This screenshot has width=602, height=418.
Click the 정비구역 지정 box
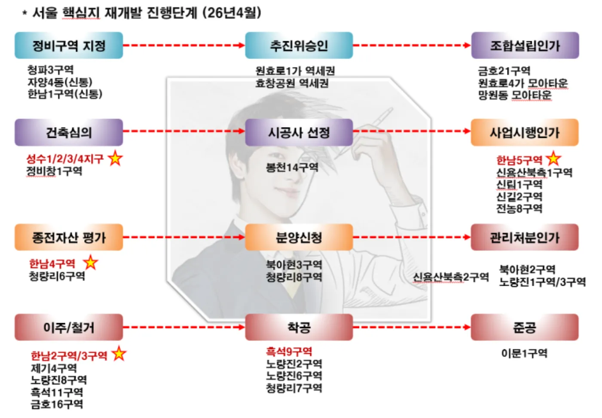pos(69,46)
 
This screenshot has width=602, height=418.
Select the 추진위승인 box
pos(299,46)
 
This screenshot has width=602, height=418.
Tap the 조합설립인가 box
pos(525,46)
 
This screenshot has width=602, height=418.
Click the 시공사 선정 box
pos(299,132)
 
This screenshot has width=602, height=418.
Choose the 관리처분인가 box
pos(525,237)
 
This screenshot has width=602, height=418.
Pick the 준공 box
pos(525,327)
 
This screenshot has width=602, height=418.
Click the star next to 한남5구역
pos(553,159)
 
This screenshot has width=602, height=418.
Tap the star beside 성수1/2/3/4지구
pos(115,158)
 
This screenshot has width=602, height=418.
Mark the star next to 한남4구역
pos(90,262)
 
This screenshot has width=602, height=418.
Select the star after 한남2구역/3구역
pos(119,354)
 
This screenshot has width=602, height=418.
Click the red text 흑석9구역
pos(289,351)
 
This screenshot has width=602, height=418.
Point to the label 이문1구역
pos(524,353)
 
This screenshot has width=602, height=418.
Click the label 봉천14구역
pos(292,168)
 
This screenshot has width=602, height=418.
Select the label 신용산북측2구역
pos(451,277)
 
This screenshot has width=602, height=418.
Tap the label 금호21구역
pos(504,71)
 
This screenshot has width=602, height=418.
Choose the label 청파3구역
pos(51,70)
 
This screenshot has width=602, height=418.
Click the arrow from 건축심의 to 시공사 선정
pos(184,131)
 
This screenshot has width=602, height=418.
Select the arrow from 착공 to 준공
pos(412,327)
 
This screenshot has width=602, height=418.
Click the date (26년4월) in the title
pos(232,12)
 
